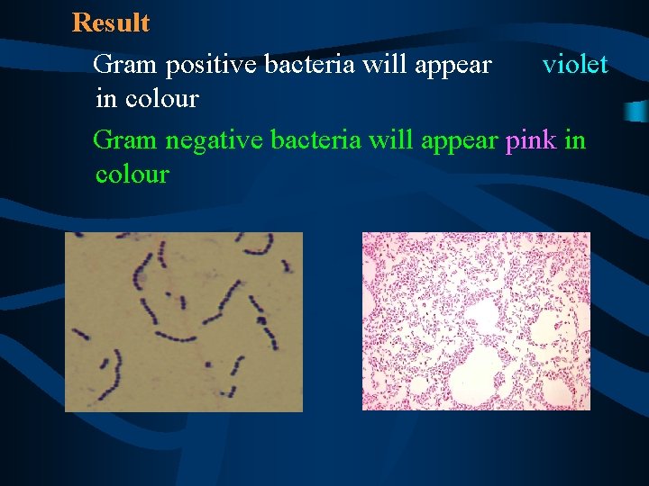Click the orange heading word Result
pos(111,22)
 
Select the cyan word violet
pos(575,65)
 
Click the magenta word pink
pos(531,140)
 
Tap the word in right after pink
pos(575,140)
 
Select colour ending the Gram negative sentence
pos(132,174)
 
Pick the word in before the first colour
pos(105,98)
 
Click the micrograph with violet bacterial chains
pos(184,321)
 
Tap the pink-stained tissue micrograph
pos(476,321)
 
